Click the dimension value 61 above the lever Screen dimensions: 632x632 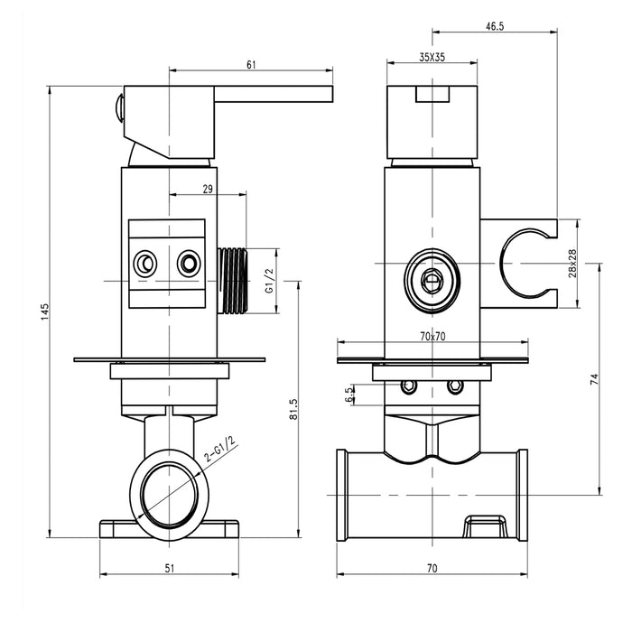251,64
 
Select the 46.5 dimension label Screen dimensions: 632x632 494,27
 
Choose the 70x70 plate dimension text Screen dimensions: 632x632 433,336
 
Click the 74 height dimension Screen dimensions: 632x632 593,380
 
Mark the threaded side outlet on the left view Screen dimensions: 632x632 233,281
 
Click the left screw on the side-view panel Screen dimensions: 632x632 144,264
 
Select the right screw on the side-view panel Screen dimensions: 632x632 189,264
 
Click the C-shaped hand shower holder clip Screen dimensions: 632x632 524,263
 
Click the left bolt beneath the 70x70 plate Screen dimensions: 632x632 409,386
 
